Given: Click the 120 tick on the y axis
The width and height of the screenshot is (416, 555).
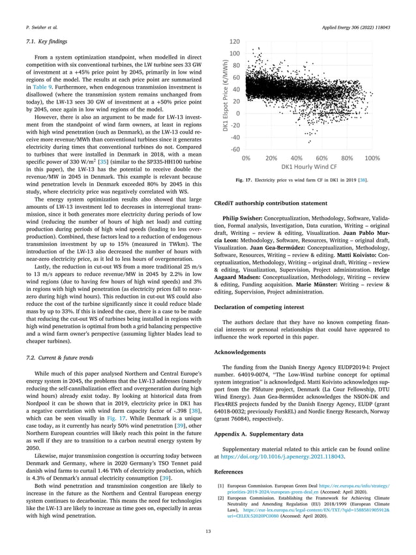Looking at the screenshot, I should (233, 42).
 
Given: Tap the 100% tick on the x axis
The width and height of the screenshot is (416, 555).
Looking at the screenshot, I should (372, 158).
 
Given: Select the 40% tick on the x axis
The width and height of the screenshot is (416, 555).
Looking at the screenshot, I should (297, 158).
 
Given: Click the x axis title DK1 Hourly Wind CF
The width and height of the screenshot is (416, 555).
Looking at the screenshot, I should (310, 168).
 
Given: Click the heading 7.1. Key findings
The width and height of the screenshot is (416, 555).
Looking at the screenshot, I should (38, 42).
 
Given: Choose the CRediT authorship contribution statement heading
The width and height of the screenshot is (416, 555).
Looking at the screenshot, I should (271, 203).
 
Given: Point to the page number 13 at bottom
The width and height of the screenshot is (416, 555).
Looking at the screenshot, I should (208, 532).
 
